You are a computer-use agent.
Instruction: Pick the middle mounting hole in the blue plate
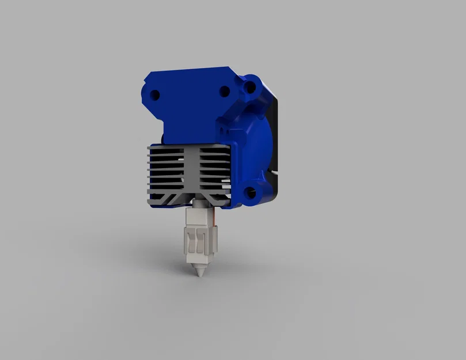(x=225, y=91)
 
